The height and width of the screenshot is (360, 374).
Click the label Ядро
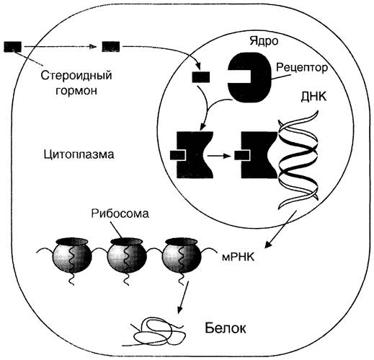click(x=264, y=40)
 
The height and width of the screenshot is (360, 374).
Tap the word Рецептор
click(x=302, y=68)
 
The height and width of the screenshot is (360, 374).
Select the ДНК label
click(x=313, y=97)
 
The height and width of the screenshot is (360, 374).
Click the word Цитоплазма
click(x=79, y=154)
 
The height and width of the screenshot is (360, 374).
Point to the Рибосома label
click(x=120, y=214)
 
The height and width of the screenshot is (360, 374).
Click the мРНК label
click(x=238, y=258)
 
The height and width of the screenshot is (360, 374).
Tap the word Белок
click(x=226, y=328)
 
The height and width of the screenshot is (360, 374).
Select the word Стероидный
click(x=76, y=76)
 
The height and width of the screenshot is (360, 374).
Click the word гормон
click(x=76, y=91)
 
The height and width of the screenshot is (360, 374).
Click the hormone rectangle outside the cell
click(x=13, y=47)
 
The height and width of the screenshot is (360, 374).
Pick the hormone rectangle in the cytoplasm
click(x=111, y=47)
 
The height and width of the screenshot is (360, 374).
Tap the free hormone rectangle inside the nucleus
click(x=201, y=77)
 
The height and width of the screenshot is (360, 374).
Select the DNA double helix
click(x=298, y=159)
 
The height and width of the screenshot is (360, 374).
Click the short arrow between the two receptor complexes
click(x=219, y=156)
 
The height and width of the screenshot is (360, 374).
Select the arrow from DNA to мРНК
click(x=280, y=229)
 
